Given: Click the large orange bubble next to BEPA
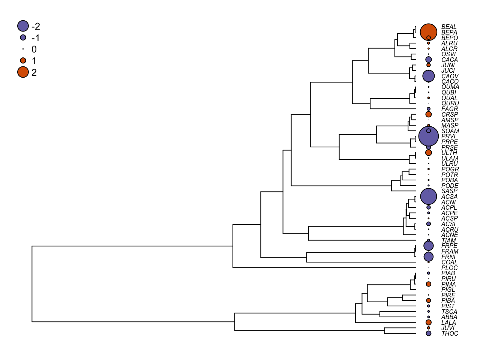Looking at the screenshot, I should coord(429,32).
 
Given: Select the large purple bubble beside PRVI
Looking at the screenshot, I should coord(429,136).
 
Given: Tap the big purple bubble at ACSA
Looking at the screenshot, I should coord(429,196).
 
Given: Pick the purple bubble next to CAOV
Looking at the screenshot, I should coord(429,76).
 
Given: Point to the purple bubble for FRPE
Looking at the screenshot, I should coord(429,246).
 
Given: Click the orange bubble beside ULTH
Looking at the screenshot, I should coord(429,153).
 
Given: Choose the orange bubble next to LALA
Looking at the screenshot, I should coord(429,322).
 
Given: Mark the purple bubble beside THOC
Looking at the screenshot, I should coord(429,333).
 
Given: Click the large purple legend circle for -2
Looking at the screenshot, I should coord(23,26).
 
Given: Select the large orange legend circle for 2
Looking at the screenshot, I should coord(23,72).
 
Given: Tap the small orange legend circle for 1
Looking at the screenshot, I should coord(23,60).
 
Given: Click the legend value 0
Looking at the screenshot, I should coord(34,49).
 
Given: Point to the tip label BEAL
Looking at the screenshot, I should coord(449,27).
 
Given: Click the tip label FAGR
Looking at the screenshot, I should coord(450,109).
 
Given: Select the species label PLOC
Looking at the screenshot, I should coord(450,268).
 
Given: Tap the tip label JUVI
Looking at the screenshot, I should coord(448,328).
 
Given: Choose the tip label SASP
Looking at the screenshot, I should coord(449,191).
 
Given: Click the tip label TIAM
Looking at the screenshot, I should coord(448,240).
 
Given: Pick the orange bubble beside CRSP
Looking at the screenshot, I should coord(429,114).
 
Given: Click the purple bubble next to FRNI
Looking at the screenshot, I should coord(429,256).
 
